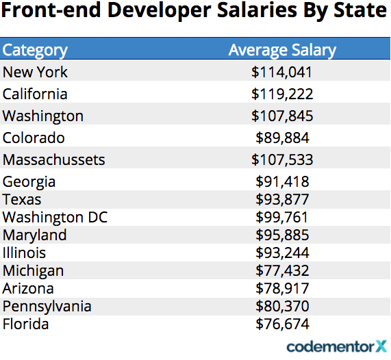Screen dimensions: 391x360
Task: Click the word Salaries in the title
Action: [257, 10]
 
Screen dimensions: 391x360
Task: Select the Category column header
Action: [35, 51]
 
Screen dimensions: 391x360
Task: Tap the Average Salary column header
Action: [282, 51]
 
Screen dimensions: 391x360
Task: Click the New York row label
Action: [35, 73]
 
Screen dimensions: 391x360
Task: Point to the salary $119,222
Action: [282, 94]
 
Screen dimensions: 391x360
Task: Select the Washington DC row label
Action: [55, 217]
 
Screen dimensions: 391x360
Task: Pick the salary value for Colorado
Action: [282, 138]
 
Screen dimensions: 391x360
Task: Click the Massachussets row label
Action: [53, 159]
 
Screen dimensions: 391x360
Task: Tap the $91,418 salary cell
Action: [282, 181]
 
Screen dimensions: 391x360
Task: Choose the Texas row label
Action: [22, 199]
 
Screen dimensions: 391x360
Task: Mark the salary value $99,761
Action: [281, 217]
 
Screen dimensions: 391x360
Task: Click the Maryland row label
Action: [34, 235]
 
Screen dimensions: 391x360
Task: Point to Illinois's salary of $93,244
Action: [282, 253]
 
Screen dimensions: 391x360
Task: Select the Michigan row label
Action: [33, 271]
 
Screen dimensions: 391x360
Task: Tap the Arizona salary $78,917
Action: [282, 288]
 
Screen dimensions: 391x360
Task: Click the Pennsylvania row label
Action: [47, 307]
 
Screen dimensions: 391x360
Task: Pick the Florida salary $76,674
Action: [282, 324]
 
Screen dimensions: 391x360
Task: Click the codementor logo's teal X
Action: [381, 346]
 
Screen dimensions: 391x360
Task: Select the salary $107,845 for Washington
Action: [282, 116]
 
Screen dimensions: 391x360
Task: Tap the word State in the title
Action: [360, 10]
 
